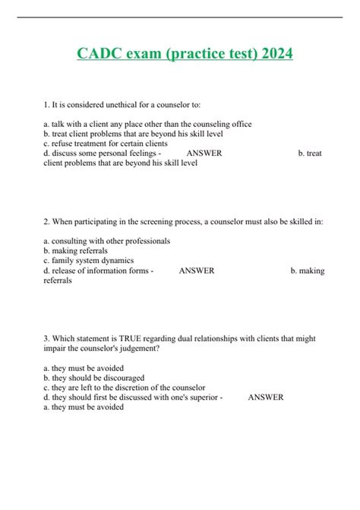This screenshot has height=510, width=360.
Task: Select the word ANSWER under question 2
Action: [196, 271]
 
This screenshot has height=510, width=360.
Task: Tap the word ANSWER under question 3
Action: [265, 397]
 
